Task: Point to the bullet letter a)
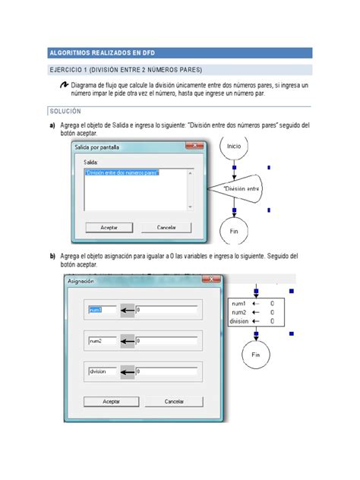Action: pyautogui.click(x=52, y=125)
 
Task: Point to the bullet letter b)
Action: pyautogui.click(x=52, y=256)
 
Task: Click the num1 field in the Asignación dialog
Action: pyautogui.click(x=102, y=310)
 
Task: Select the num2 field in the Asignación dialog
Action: pyautogui.click(x=102, y=341)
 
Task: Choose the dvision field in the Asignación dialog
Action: pyautogui.click(x=102, y=371)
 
